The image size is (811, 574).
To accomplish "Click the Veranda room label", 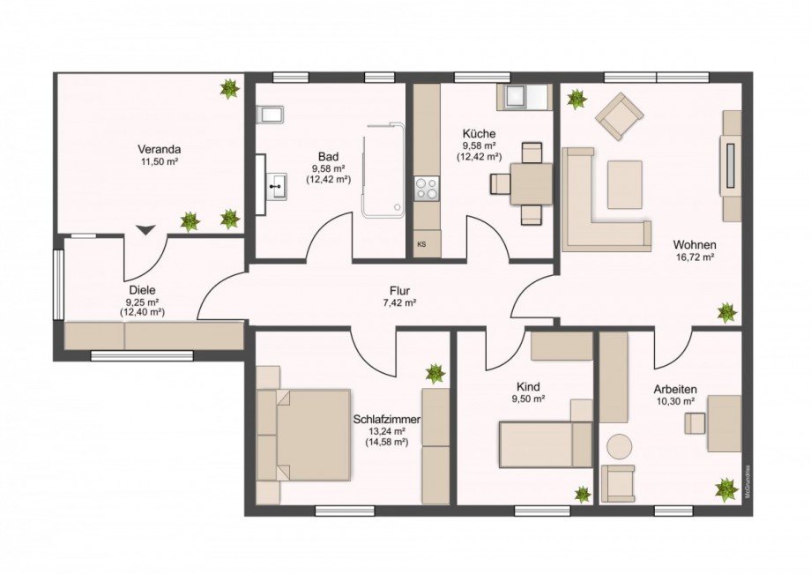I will pos(152,149).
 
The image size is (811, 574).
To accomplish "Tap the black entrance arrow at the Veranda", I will pos(145,229).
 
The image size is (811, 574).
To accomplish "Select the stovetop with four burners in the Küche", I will pos(427,189).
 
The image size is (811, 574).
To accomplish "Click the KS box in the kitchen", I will pos(421,244).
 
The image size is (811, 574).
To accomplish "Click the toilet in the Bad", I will pos(268,115).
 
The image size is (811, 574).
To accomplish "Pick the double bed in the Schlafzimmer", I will pos(304,434).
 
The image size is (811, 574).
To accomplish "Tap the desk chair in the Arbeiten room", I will pos(696,424).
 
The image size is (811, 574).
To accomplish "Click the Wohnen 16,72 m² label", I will pos(694,250).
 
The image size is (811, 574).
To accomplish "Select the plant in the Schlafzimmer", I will pos(435,373).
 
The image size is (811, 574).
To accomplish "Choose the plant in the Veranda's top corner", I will pos(230,88).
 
